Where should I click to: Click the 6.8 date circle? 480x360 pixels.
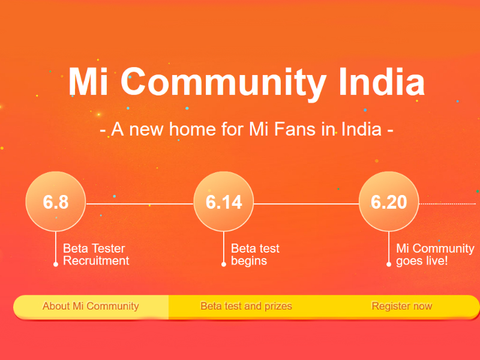tap(56, 202)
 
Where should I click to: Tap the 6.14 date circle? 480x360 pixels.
tap(224, 202)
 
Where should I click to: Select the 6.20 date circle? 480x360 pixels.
tap(389, 202)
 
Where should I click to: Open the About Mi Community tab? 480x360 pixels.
tap(91, 306)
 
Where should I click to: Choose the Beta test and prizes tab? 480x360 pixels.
tap(246, 306)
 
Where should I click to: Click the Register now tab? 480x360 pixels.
tap(401, 306)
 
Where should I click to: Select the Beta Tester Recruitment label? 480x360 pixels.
tap(96, 255)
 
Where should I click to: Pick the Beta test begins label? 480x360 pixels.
tap(255, 255)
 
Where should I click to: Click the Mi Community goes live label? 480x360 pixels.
tap(435, 255)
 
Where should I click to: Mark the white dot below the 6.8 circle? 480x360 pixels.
tap(56, 264)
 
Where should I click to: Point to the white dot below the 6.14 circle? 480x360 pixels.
tap(224, 264)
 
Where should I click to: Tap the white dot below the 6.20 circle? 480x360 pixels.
tap(389, 264)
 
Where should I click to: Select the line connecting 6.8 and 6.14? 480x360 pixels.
tap(140, 204)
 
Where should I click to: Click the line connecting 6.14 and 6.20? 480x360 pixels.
tap(306, 204)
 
